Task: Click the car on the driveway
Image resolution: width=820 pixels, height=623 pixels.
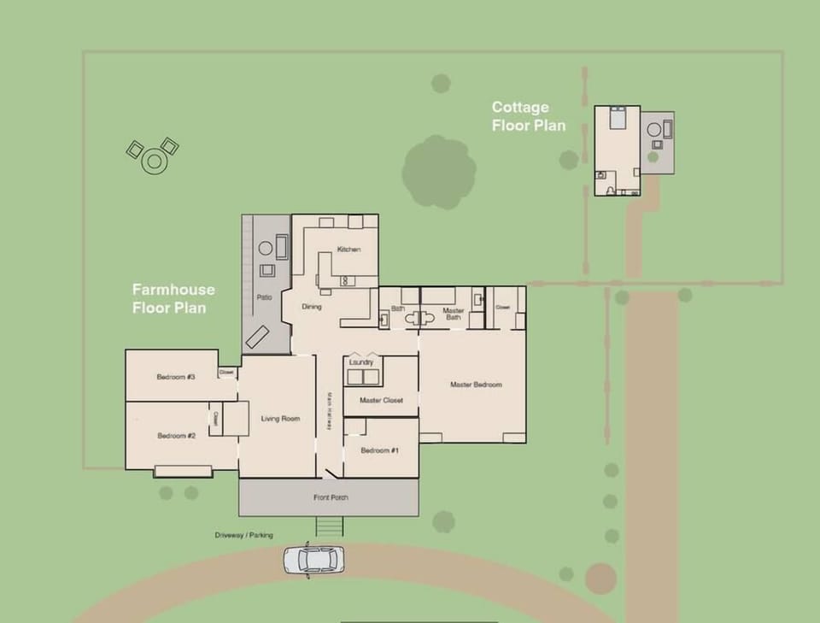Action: pos(314,560)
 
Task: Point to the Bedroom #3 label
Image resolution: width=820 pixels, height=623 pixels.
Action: pos(176,377)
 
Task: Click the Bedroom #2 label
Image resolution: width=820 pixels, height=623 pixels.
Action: pos(176,436)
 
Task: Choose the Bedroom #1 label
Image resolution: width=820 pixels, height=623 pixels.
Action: pos(380,450)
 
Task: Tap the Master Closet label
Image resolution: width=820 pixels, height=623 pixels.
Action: pos(380,400)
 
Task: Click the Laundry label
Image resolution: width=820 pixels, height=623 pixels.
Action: pos(361,362)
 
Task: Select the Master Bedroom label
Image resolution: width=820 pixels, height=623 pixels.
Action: pos(476,385)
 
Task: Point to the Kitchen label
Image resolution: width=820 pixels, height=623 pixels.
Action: pos(348,250)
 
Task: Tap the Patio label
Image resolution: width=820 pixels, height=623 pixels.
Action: pos(265,297)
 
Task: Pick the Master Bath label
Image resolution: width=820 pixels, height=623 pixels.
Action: pos(454,314)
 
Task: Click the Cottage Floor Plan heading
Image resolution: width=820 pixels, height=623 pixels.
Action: pos(528,116)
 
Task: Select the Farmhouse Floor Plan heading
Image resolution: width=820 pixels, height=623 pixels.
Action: pos(173,298)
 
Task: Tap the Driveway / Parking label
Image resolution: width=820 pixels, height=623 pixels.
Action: pos(243,535)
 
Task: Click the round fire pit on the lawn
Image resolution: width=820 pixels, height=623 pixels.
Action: pos(154,161)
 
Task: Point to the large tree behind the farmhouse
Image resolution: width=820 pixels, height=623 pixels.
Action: pos(438,172)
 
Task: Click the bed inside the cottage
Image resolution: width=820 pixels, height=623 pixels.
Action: pos(617,117)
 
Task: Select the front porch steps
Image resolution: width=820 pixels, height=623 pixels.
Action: pos(330,526)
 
